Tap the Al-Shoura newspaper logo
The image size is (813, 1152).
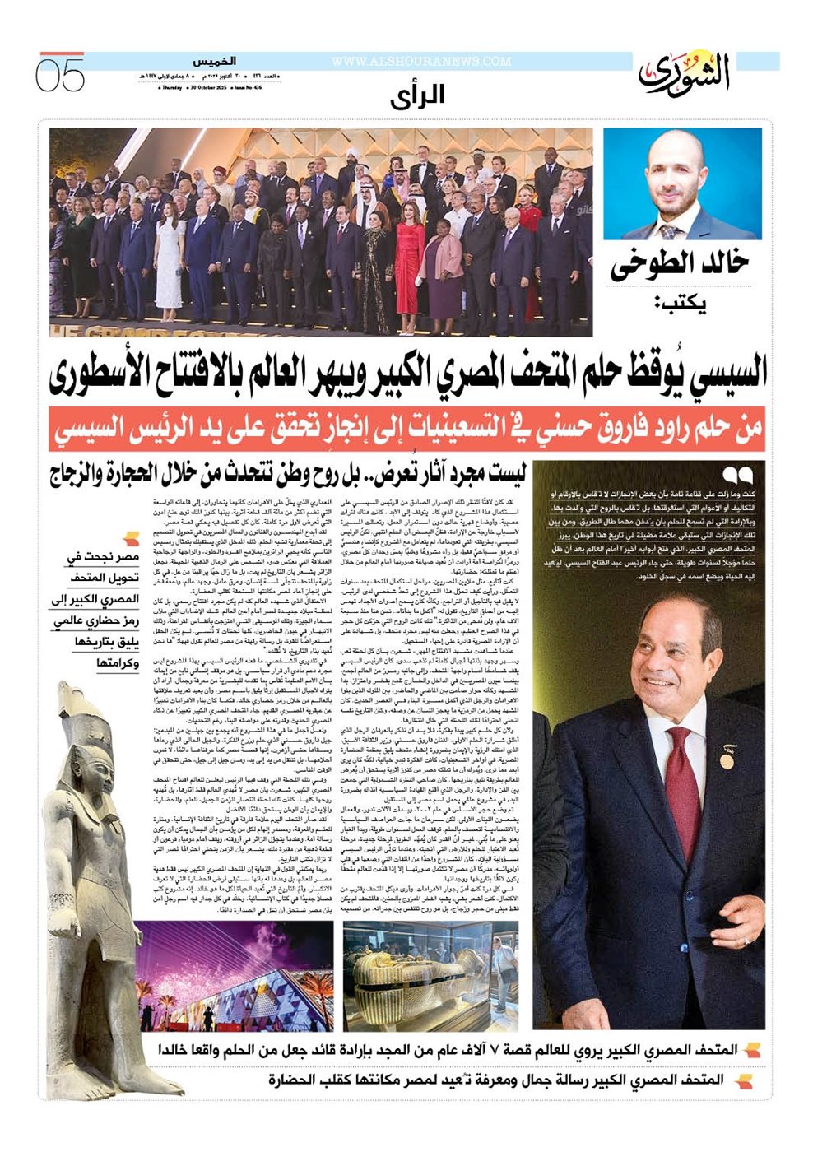pos(685,72)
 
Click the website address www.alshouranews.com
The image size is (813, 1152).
pos(421,62)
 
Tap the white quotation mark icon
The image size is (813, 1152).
pos(738,476)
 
